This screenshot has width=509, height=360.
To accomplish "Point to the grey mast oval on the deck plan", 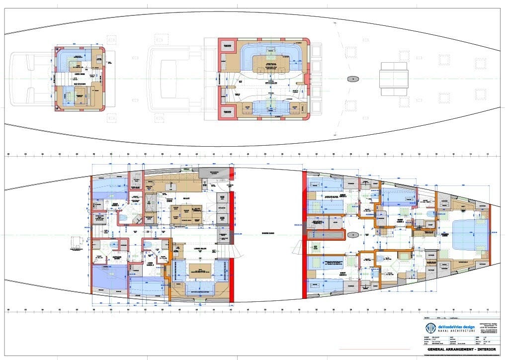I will tap(353, 79).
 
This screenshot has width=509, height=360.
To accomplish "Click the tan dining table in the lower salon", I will tap(200, 271).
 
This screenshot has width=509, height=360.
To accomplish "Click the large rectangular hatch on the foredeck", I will tap(394, 79).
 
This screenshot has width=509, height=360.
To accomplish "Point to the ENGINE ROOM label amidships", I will tap(268, 233).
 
